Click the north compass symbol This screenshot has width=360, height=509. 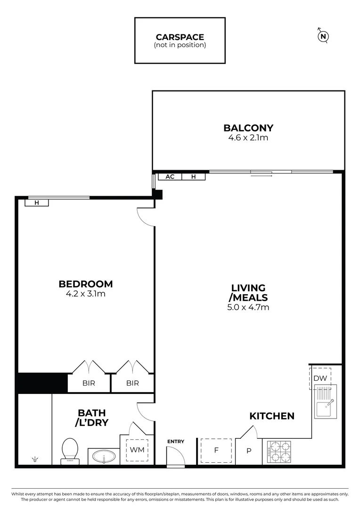tap(323, 36)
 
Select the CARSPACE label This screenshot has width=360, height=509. tap(180, 37)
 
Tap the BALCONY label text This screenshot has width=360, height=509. tap(248, 128)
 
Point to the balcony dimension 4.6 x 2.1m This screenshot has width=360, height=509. tap(248, 138)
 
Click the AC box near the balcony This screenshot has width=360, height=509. tap(170, 177)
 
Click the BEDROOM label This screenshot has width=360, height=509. tap(86, 284)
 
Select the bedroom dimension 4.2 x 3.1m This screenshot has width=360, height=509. tap(86, 294)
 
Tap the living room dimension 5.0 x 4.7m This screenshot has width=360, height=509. tap(248, 308)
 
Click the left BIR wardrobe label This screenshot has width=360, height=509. tap(89, 383)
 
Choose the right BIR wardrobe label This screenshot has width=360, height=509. tap(133, 383)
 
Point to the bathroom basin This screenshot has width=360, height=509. tap(103, 456)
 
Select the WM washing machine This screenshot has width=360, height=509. tap(137, 450)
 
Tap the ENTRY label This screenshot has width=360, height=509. tap(175, 442)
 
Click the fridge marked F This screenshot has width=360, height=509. tap(216, 450)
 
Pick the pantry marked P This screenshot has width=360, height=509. tap(249, 450)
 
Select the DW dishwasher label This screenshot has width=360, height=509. tap(320, 378)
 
